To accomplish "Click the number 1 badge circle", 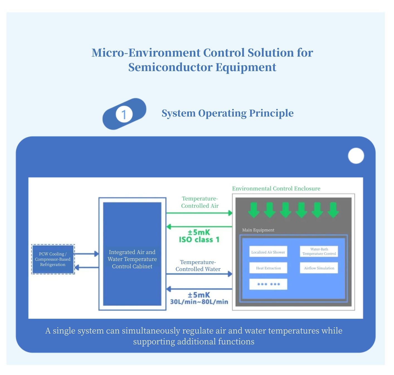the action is click(x=124, y=114).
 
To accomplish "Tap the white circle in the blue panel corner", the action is click(x=356, y=156).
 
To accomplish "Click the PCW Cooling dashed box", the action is click(x=53, y=259).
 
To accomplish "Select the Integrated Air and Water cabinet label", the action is click(x=132, y=259).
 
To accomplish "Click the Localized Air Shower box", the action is click(x=268, y=251).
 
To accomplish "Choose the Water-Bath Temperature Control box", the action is click(x=319, y=251).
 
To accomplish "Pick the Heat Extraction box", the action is click(x=268, y=268).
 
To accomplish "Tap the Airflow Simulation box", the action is click(x=319, y=268).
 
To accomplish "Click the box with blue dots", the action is click(x=268, y=284).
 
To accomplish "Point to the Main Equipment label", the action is click(x=258, y=230).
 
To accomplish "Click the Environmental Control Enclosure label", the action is click(x=276, y=188).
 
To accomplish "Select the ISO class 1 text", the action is click(x=199, y=240).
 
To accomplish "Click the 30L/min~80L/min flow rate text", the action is click(x=199, y=302).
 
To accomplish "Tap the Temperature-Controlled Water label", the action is click(x=198, y=265).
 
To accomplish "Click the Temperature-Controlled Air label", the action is click(x=200, y=202).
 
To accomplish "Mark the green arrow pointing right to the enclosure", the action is click(x=199, y=213).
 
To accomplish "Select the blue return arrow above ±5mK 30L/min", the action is click(x=199, y=289).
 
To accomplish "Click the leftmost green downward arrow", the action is click(x=254, y=210).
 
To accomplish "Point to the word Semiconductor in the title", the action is click(x=170, y=67).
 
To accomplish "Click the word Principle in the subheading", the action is click(x=271, y=113).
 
